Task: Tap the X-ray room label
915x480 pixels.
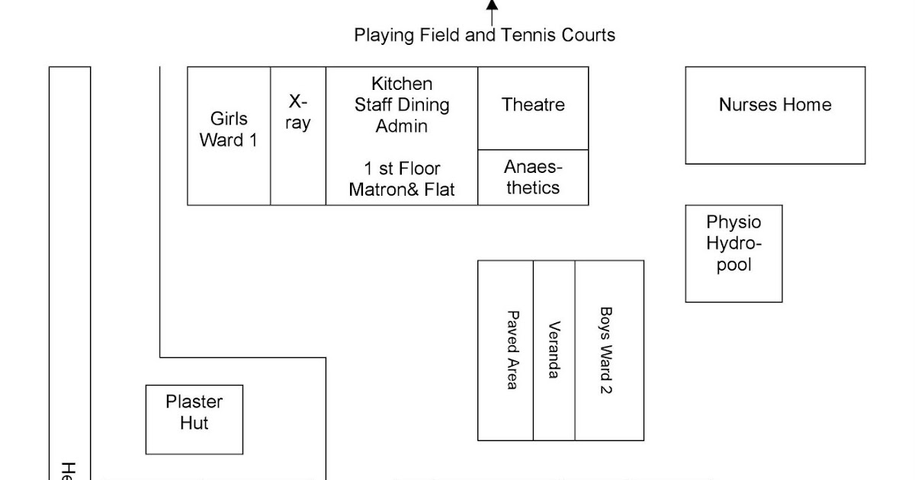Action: coord(298,113)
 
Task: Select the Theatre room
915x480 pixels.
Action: coord(533,106)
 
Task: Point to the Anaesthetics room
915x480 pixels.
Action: coord(533,178)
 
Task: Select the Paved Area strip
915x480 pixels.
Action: coord(512,350)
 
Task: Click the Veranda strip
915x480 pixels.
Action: coord(554,350)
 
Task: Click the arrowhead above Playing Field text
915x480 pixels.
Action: coord(493,5)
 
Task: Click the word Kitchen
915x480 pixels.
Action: coord(402,84)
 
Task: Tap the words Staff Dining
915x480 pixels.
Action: coord(402,105)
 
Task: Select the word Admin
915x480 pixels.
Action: coord(402,126)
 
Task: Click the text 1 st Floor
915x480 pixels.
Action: coord(402,168)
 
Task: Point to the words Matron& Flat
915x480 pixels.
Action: coord(402,189)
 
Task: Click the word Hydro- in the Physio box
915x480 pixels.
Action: coord(734,244)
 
